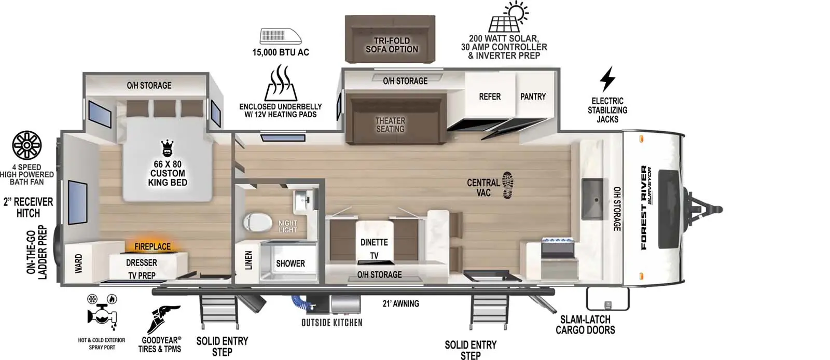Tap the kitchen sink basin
(592, 198)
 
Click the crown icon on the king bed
(167, 148)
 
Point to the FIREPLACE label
(153, 246)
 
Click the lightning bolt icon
(607, 79)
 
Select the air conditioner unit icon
(281, 36)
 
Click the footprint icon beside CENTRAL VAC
(508, 185)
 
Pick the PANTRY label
(533, 96)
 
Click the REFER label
(490, 96)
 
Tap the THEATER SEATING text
(390, 124)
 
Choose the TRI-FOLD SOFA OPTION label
(392, 45)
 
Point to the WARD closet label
(78, 263)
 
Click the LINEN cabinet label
(248, 260)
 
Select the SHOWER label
(290, 264)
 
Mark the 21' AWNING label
(401, 303)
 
